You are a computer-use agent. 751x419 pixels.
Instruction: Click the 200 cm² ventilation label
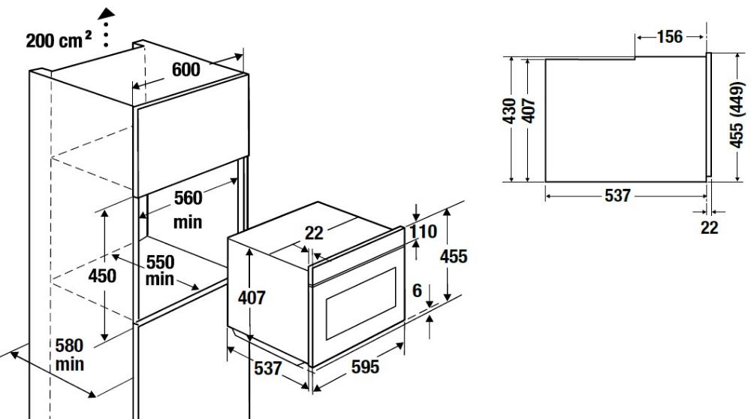click(59, 41)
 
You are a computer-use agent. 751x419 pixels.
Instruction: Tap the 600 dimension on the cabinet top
click(185, 70)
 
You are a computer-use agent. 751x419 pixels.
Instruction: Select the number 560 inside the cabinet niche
click(188, 198)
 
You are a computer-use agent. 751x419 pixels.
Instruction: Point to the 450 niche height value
click(102, 275)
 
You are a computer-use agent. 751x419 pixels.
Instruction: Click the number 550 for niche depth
click(160, 262)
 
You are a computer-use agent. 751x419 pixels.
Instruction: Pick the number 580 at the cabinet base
click(69, 345)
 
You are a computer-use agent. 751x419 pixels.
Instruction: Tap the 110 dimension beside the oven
click(423, 232)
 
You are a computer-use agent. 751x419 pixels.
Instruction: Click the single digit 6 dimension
click(417, 290)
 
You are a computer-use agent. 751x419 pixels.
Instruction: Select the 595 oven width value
click(366, 366)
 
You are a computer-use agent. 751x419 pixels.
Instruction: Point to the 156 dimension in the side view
click(670, 36)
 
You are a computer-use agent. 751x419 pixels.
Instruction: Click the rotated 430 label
click(510, 111)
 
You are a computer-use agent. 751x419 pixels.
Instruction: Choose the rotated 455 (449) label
click(737, 114)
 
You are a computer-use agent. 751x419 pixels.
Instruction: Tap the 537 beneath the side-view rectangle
click(618, 196)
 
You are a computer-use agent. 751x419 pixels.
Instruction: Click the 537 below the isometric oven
click(268, 368)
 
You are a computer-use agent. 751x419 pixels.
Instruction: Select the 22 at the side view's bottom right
click(710, 227)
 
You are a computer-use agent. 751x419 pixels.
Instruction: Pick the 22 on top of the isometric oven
click(314, 233)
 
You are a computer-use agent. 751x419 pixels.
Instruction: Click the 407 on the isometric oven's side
click(252, 298)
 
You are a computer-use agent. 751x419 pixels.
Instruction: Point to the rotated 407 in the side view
click(529, 111)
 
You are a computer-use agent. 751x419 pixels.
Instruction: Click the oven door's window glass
click(361, 303)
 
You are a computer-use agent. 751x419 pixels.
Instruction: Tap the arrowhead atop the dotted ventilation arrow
click(106, 14)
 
